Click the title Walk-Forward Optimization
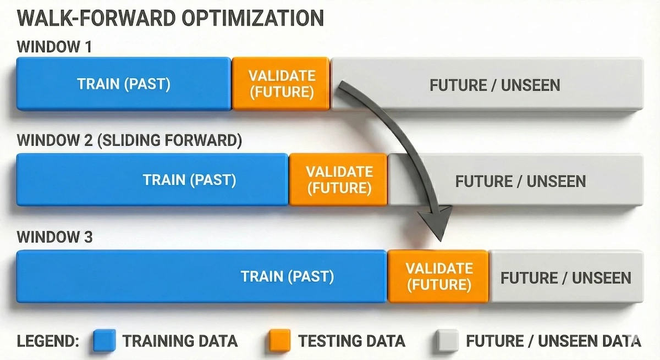pyautogui.click(x=170, y=18)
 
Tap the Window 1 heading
pyautogui.click(x=54, y=47)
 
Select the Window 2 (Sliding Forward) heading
pyautogui.click(x=129, y=141)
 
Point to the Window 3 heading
pyautogui.click(x=54, y=237)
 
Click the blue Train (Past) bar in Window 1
pyautogui.click(x=123, y=84)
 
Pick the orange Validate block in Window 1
pyautogui.click(x=281, y=84)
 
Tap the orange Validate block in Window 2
pyautogui.click(x=339, y=180)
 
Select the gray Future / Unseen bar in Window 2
pyautogui.click(x=520, y=181)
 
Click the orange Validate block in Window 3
pyautogui.click(x=438, y=276)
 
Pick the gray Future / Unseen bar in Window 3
pyautogui.click(x=565, y=277)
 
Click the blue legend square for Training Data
pyautogui.click(x=105, y=341)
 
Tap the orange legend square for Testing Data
pyautogui.click(x=278, y=341)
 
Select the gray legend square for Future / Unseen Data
pyautogui.click(x=447, y=341)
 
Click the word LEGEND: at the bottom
pyautogui.click(x=48, y=341)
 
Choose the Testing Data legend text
pyautogui.click(x=351, y=341)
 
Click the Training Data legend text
pyautogui.click(x=180, y=341)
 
